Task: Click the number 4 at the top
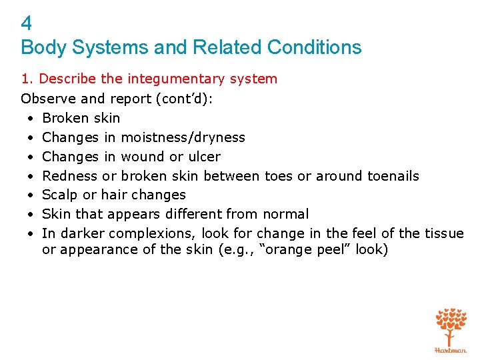27,24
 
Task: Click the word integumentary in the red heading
175,79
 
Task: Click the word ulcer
203,157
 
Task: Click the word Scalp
59,195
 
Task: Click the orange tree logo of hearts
451,327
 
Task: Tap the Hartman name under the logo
451,350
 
